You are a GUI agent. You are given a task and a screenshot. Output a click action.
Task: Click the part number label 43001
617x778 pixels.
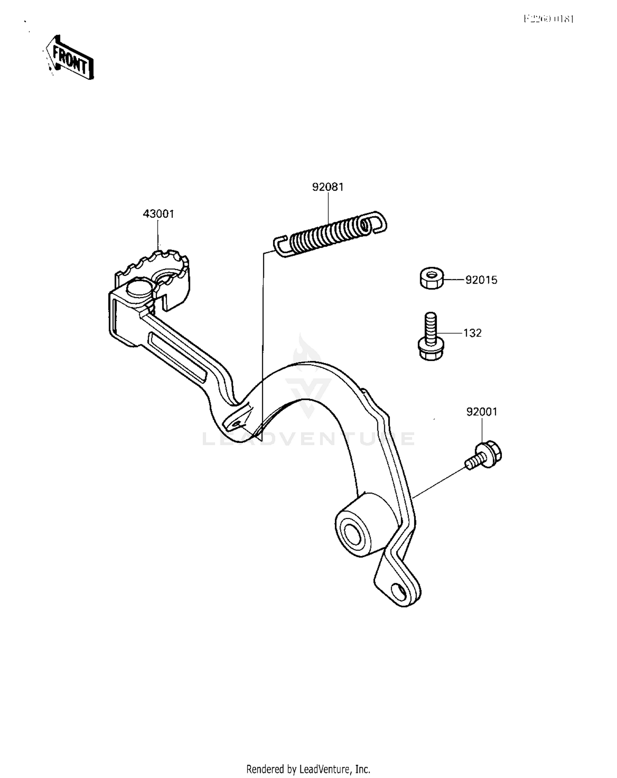(x=158, y=214)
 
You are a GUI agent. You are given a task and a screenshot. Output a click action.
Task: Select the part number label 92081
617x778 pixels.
(x=328, y=187)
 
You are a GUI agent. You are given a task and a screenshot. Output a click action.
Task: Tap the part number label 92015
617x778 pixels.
(x=481, y=280)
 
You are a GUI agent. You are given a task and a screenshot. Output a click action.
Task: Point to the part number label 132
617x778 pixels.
(x=472, y=333)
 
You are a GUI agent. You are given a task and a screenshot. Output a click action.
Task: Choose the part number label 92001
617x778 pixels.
(x=482, y=412)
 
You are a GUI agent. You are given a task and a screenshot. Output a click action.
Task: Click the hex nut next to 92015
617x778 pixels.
(x=431, y=278)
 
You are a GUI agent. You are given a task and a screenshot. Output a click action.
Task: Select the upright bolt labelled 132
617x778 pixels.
(x=430, y=337)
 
